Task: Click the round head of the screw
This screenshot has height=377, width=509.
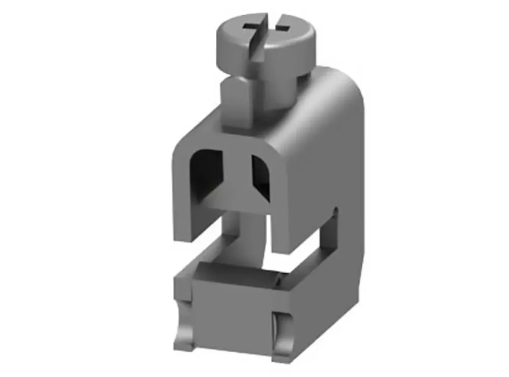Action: pos(265,43)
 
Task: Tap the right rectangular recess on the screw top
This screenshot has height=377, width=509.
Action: pos(281,23)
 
